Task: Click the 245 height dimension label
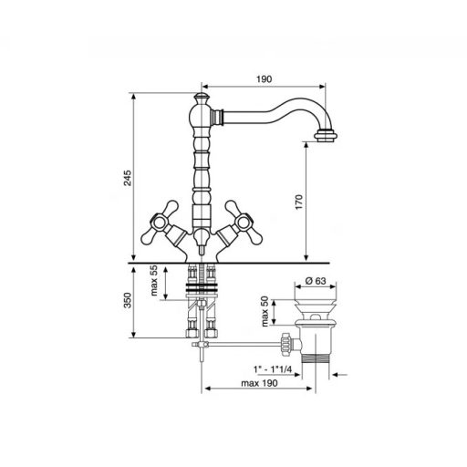click(x=128, y=178)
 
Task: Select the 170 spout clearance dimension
click(x=299, y=202)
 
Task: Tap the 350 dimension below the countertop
click(x=128, y=300)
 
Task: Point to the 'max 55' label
click(x=154, y=280)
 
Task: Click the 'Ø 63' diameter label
click(x=316, y=281)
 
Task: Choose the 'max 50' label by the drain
click(x=265, y=312)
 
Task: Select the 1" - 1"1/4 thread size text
click(x=273, y=369)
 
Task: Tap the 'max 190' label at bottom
click(x=259, y=383)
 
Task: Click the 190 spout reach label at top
click(x=264, y=79)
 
